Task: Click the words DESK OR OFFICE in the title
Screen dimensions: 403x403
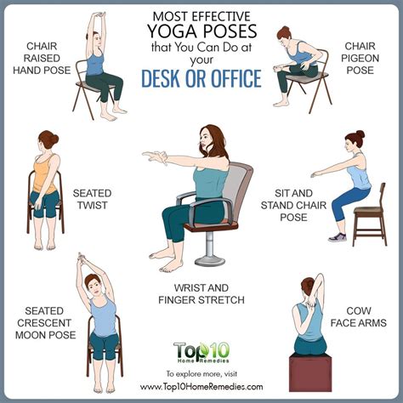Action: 201,78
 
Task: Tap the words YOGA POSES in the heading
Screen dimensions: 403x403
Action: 202,31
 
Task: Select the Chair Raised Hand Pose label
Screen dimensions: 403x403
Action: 42,58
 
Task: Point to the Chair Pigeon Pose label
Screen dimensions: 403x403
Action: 360,58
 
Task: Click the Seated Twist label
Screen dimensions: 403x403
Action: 92,199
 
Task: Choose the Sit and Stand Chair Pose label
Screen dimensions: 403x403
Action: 293,205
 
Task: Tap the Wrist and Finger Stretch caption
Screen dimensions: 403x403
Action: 201,294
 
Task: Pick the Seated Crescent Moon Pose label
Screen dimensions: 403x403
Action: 45,323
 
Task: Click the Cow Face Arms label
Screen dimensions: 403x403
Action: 359,317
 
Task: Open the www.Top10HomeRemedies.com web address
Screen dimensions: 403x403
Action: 201,387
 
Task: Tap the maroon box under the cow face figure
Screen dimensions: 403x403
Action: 310,372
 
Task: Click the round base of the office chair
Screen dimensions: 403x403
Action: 210,260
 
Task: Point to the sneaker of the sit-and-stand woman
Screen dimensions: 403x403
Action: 338,237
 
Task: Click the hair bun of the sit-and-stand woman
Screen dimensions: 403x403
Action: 360,134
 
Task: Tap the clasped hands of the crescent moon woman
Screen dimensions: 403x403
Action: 82,258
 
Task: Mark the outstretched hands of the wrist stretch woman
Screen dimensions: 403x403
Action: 155,156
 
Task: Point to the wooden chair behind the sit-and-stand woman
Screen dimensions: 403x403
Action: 370,214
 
